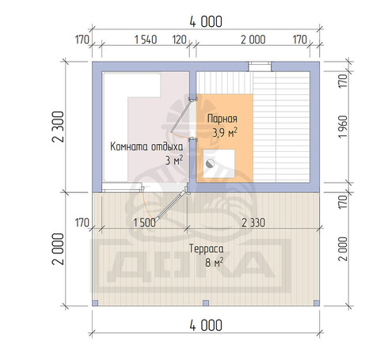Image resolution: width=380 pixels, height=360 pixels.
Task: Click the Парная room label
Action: tap(222, 119)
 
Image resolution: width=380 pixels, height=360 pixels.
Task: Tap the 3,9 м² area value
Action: tap(225, 133)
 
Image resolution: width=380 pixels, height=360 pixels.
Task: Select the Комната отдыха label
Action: tap(146, 146)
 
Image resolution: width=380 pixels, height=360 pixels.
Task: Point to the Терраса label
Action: tap(207, 248)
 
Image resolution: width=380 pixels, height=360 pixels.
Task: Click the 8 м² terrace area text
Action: tap(214, 262)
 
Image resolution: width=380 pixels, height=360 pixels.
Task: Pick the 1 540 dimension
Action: tap(146, 40)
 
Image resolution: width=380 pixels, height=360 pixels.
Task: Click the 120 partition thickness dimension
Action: tap(180, 40)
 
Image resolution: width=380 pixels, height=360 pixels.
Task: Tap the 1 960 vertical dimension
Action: tap(343, 127)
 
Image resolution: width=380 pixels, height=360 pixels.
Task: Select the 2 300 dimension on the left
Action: tap(59, 127)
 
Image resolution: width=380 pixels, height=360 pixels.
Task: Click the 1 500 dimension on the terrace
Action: tap(144, 223)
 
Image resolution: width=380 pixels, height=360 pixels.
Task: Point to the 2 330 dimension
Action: tap(253, 223)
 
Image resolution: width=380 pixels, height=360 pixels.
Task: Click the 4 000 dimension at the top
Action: tap(206, 22)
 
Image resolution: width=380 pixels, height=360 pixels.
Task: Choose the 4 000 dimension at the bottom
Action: tap(206, 325)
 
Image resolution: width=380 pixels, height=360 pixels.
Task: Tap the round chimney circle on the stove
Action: tap(210, 164)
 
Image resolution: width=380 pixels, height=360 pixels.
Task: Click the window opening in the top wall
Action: tap(260, 66)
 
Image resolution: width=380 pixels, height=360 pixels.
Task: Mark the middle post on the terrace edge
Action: tap(206, 303)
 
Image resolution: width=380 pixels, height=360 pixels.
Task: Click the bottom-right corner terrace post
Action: tap(317, 303)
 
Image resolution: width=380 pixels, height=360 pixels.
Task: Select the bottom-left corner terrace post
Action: tap(95, 303)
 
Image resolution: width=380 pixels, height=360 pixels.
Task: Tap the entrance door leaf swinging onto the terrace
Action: tap(170, 206)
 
